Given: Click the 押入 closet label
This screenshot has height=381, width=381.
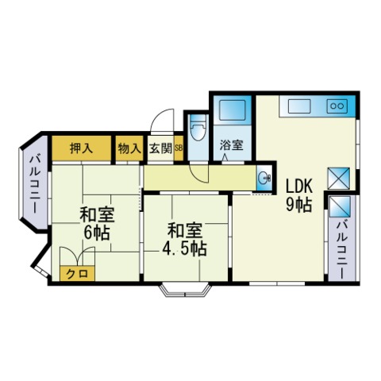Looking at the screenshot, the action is [x=81, y=148].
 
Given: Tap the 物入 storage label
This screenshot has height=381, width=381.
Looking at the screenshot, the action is [x=129, y=148].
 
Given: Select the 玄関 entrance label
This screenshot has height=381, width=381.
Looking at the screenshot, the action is [x=160, y=148].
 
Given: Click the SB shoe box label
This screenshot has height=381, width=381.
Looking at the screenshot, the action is [x=179, y=148].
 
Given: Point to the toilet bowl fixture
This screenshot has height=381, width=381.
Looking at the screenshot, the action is [x=198, y=129].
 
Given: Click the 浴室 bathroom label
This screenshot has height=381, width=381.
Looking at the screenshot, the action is [x=232, y=145].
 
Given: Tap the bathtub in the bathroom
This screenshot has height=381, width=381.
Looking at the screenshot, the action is [x=233, y=110].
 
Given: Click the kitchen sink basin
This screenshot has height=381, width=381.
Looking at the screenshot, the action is [x=299, y=106].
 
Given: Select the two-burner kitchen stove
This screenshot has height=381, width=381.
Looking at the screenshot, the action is [x=337, y=106].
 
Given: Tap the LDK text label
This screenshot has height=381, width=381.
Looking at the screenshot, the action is [x=299, y=187].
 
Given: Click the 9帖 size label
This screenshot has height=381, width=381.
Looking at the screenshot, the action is [x=298, y=204].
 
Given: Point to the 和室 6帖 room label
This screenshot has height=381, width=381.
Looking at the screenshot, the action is [x=97, y=224].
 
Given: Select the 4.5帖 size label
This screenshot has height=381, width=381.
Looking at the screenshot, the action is [x=184, y=248].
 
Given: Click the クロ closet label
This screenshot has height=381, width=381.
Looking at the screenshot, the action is [x=77, y=274].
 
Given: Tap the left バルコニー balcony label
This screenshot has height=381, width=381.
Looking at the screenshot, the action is [x=35, y=184].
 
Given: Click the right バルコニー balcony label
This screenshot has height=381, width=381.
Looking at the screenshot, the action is [x=341, y=250].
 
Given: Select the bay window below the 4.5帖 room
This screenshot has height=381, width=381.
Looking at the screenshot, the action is [x=185, y=291].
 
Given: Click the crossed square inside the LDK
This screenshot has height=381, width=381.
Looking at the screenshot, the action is [x=339, y=178].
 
